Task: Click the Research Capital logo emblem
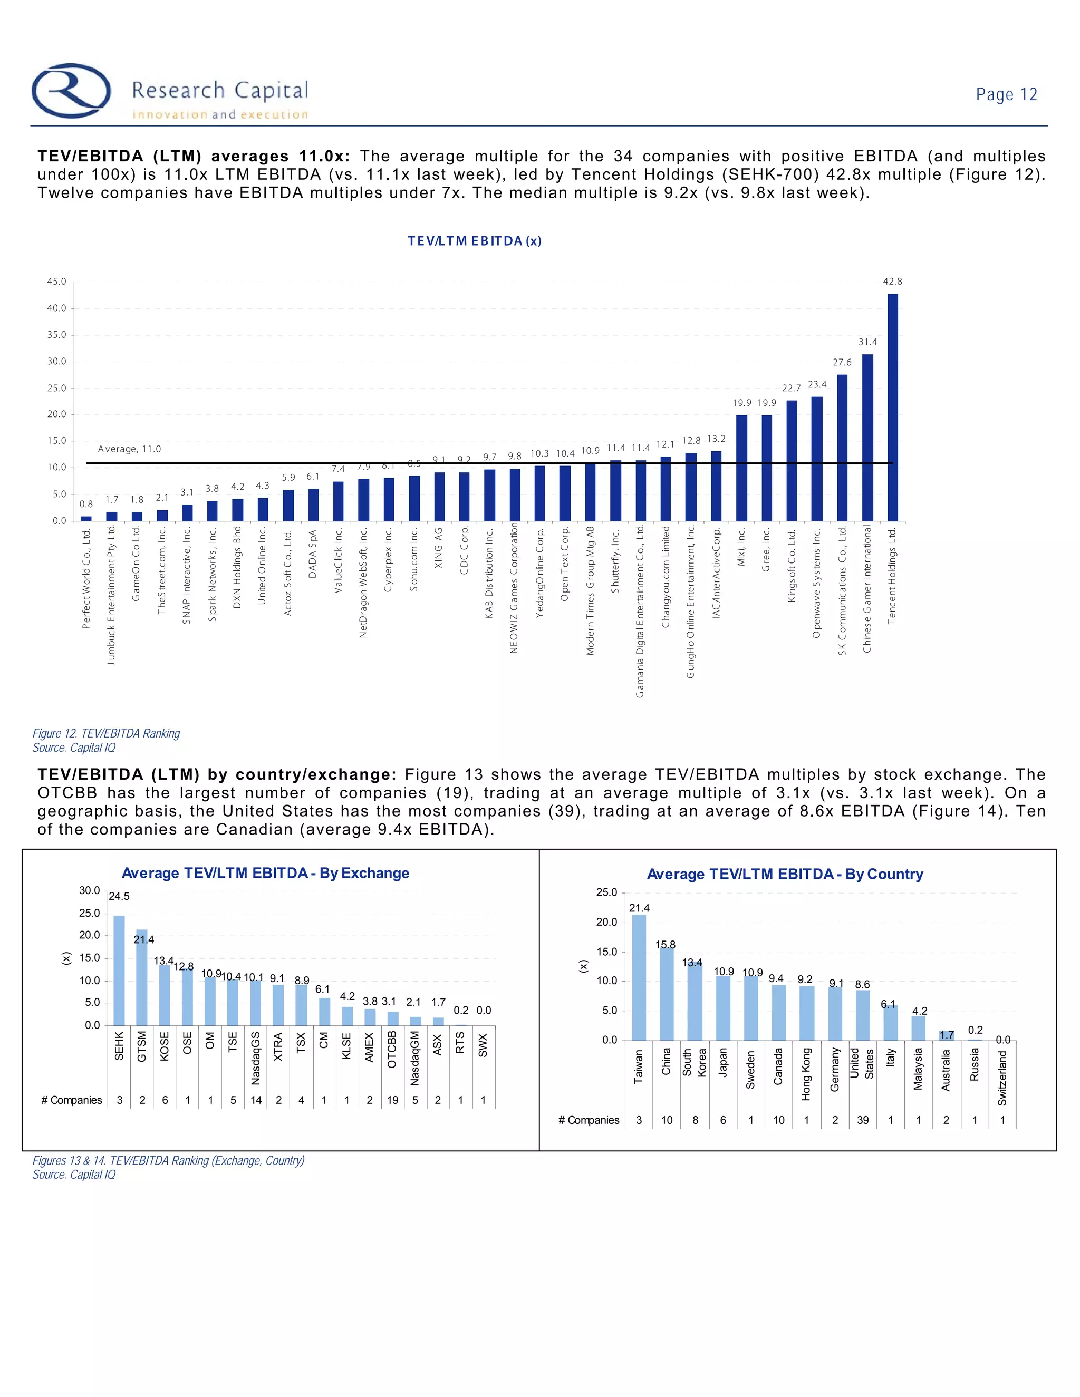click(x=71, y=90)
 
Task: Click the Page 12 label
click(x=1006, y=95)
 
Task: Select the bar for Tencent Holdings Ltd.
click(x=893, y=407)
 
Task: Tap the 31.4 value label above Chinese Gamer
click(x=867, y=342)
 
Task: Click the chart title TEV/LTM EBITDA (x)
click(x=475, y=241)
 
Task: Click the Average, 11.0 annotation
click(x=129, y=449)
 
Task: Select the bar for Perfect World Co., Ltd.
click(x=86, y=518)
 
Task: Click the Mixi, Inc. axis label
click(x=741, y=547)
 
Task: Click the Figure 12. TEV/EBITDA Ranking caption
click(x=106, y=733)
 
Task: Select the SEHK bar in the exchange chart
click(x=119, y=971)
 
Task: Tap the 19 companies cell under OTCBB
click(x=392, y=1100)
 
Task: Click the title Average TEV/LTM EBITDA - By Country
click(x=785, y=875)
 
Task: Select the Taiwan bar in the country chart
click(x=639, y=977)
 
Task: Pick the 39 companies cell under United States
click(x=862, y=1120)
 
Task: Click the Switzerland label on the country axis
click(x=1002, y=1079)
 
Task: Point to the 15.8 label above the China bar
click(x=666, y=945)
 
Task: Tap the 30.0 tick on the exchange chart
click(x=90, y=890)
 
